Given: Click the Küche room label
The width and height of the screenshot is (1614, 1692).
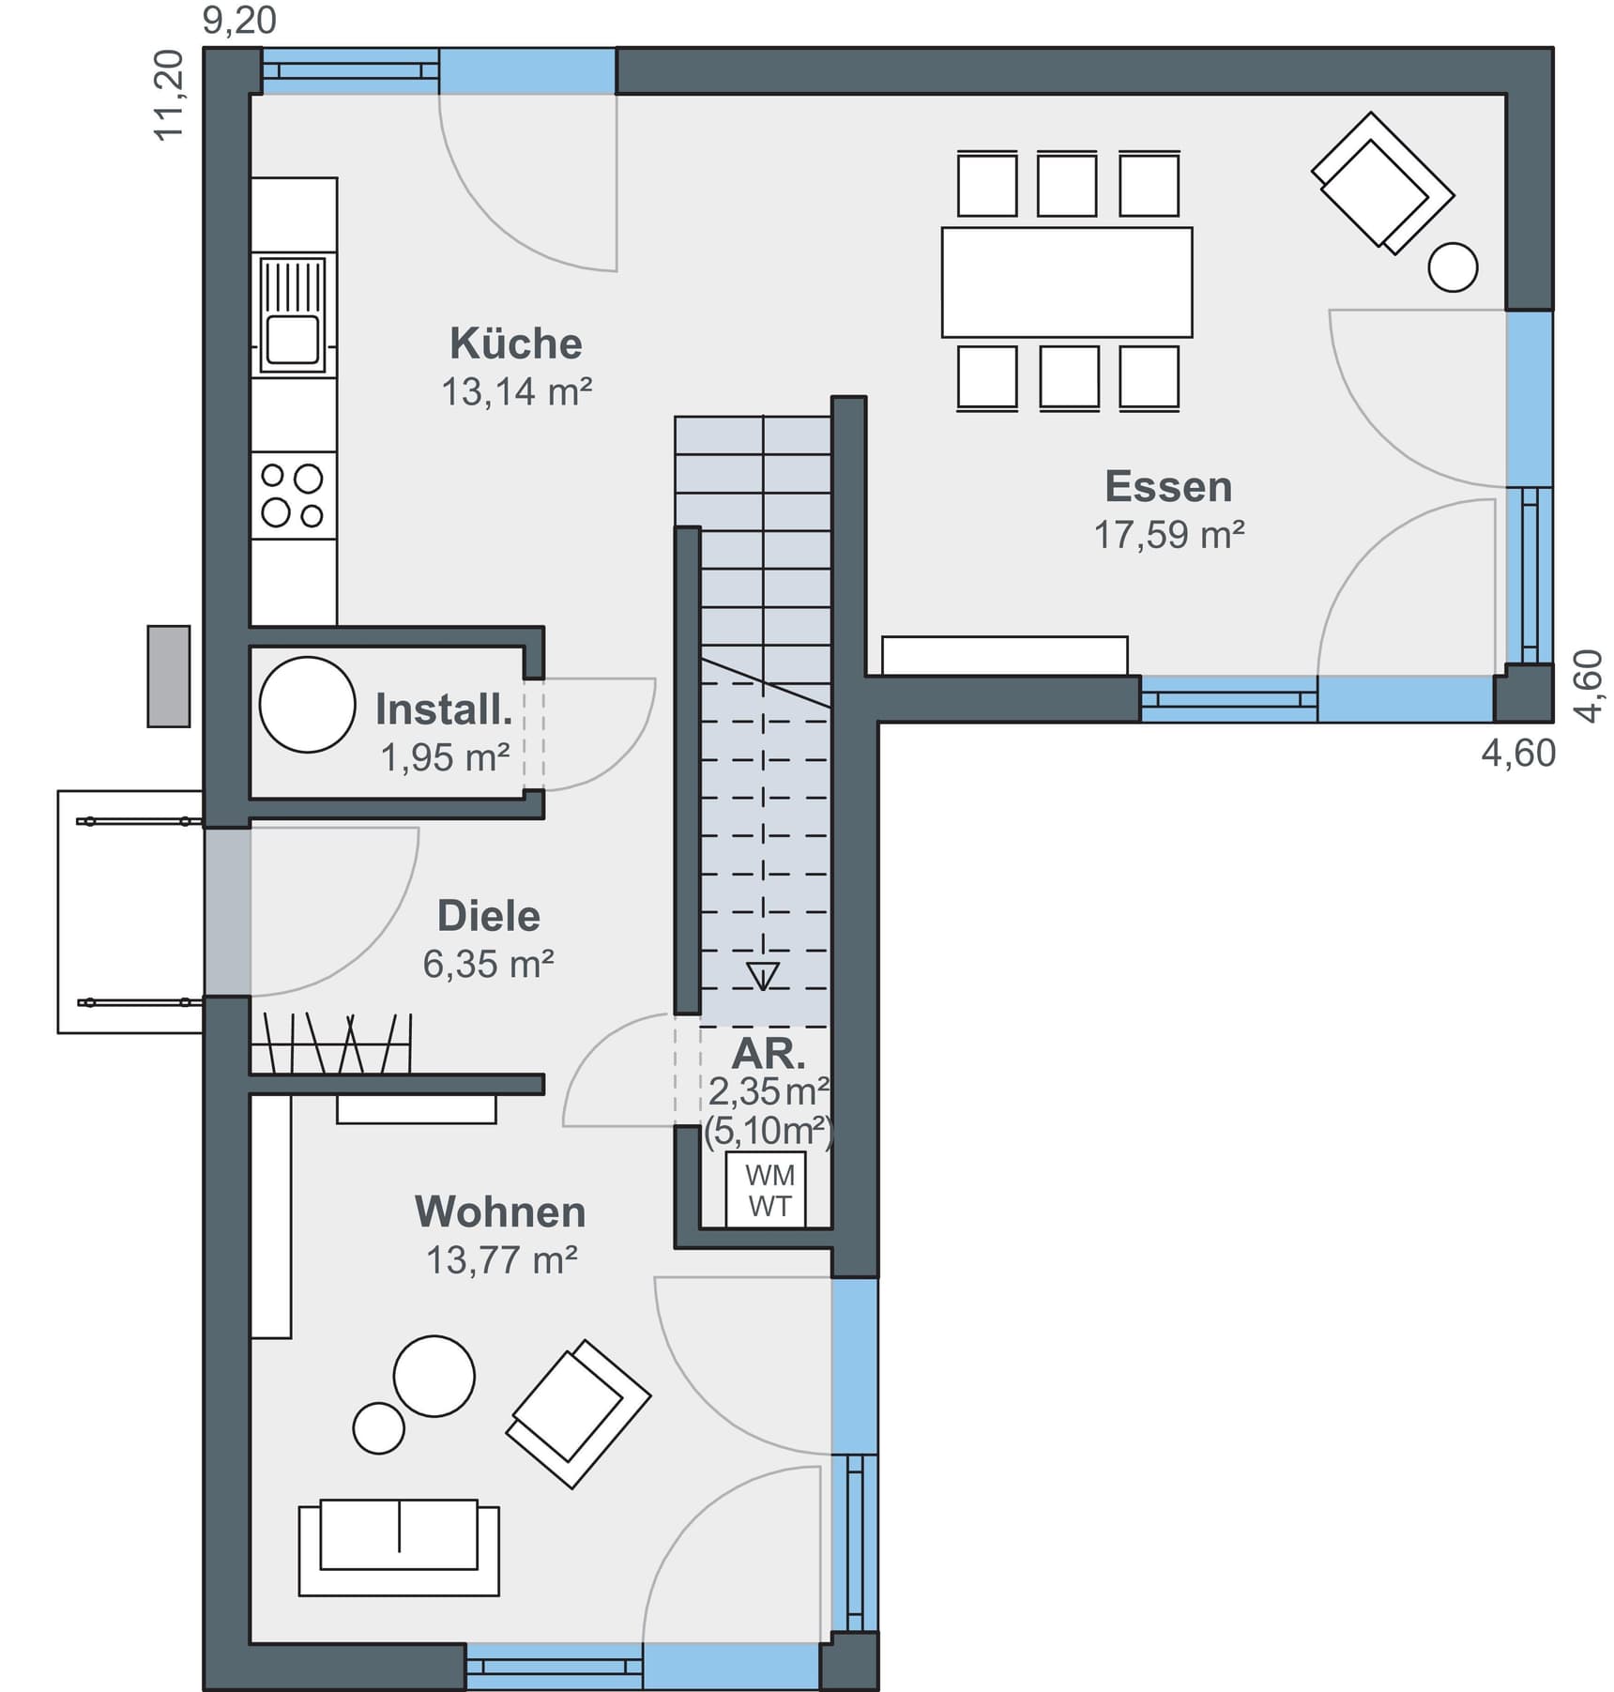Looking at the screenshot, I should pos(515,343).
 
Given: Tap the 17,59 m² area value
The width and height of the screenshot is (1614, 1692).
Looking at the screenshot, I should pos(1168,535).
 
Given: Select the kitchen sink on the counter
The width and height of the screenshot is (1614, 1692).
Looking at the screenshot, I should pos(293,315).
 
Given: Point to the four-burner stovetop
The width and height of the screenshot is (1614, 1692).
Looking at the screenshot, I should pos(293,495).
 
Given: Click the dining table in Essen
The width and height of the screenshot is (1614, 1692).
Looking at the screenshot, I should pos(1067,282).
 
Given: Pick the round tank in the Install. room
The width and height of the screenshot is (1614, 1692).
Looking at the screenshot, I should pos(307,704).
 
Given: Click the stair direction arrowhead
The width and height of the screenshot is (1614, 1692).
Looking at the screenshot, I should pos(763,976).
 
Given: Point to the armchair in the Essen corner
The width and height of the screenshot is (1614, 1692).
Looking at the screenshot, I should pos(1381,184).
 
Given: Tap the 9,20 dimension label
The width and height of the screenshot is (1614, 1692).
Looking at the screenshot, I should pos(239,21).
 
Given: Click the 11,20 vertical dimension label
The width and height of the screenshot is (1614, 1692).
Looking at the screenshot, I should pos(169,96).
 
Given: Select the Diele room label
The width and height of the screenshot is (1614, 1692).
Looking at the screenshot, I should pos(488,916).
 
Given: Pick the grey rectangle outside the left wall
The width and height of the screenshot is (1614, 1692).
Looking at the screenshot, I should pos(169,676).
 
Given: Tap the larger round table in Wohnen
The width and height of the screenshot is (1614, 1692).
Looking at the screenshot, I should pos(434,1376).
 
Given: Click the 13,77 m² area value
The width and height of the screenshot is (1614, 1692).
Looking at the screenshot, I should pos(501,1260).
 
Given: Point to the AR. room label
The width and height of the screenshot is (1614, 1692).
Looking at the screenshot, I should pos(769,1054).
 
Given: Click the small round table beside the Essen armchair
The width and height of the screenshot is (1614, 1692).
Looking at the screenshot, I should pos(1453,267).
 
